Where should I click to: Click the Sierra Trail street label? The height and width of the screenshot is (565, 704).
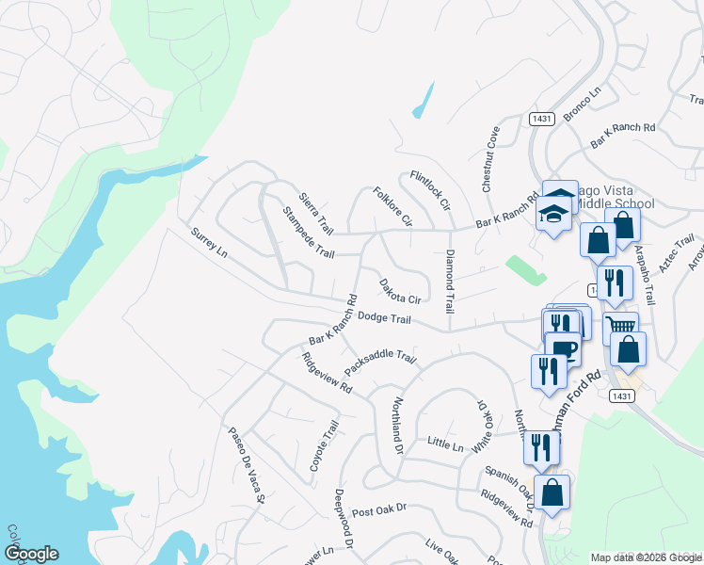316,214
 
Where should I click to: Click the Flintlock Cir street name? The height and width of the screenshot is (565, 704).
431,190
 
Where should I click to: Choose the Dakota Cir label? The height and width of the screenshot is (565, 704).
399,291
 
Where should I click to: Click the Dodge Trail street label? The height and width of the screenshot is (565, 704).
384,319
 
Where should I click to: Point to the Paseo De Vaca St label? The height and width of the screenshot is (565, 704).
248,465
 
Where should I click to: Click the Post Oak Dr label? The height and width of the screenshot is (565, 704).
378,511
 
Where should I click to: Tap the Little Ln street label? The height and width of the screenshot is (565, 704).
446,443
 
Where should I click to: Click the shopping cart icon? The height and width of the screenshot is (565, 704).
620,326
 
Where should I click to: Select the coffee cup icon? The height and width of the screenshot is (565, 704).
563,349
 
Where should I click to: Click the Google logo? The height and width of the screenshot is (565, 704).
30,554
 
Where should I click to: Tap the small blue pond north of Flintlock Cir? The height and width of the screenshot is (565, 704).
423,100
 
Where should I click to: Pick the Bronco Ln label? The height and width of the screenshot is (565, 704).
582,105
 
